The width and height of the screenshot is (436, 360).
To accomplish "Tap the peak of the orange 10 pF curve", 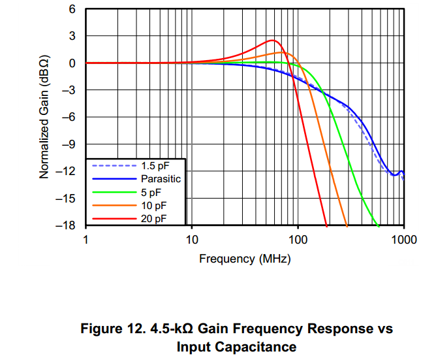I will coord(282,52).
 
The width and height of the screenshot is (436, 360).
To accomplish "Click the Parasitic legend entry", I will coord(160,178).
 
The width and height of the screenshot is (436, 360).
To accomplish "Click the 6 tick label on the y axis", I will coord(73,10).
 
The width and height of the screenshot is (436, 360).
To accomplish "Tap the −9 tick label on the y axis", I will coord(70,144).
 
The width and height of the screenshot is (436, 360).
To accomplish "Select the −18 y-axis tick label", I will coord(67,225).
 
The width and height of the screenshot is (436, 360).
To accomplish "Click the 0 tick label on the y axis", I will coord(73,63).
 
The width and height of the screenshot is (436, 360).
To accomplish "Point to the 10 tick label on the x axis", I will coord(192,239).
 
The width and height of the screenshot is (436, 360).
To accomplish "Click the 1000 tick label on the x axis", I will coord(403,239).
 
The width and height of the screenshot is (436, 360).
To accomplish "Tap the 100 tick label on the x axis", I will coord(298,239).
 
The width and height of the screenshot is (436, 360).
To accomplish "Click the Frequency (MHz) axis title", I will coord(245,258).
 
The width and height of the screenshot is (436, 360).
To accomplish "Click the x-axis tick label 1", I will coord(86,239).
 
